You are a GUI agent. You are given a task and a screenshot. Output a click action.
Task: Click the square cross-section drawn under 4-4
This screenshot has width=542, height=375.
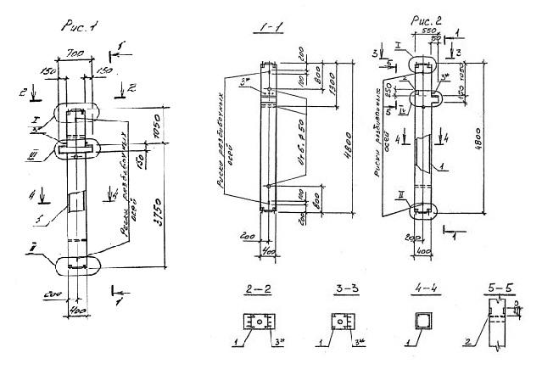tap(420, 320)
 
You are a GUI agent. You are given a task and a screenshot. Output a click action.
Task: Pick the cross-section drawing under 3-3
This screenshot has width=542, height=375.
tap(341, 322)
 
